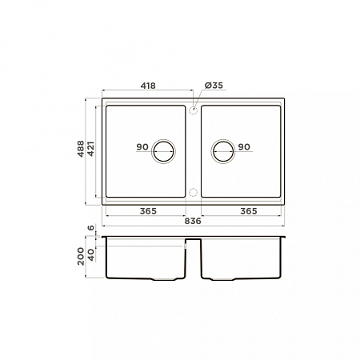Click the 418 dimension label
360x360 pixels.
pyautogui.click(x=148, y=86)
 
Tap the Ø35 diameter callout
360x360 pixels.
pyautogui.click(x=214, y=86)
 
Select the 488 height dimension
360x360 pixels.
pyautogui.click(x=81, y=149)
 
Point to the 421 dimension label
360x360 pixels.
pyautogui.click(x=90, y=149)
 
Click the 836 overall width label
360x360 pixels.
pyautogui.click(x=193, y=221)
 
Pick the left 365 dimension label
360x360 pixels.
pyautogui.click(x=148, y=211)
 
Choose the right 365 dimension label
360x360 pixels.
pyautogui.click(x=249, y=211)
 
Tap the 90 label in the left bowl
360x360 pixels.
pyautogui.click(x=142, y=146)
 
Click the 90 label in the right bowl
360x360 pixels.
pyautogui.click(x=244, y=146)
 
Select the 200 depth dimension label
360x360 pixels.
pyautogui.click(x=81, y=256)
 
